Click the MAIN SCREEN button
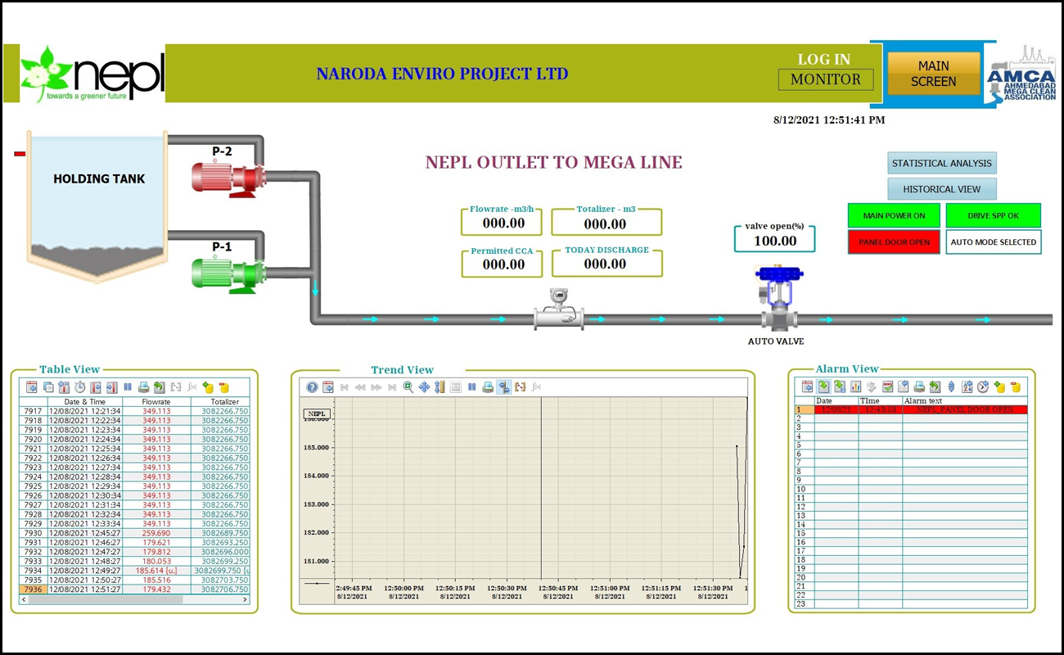(933, 74)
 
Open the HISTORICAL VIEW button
(941, 189)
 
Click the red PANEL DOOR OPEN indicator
(894, 242)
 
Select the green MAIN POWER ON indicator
(894, 216)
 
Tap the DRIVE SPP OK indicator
(993, 216)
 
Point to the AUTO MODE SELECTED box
(993, 242)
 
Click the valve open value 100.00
(774, 241)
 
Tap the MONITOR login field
(825, 79)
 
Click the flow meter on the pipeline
(559, 312)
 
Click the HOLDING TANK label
(98, 178)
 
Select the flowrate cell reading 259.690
(156, 533)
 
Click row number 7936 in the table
(33, 589)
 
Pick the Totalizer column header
(224, 402)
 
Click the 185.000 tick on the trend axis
(316, 448)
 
